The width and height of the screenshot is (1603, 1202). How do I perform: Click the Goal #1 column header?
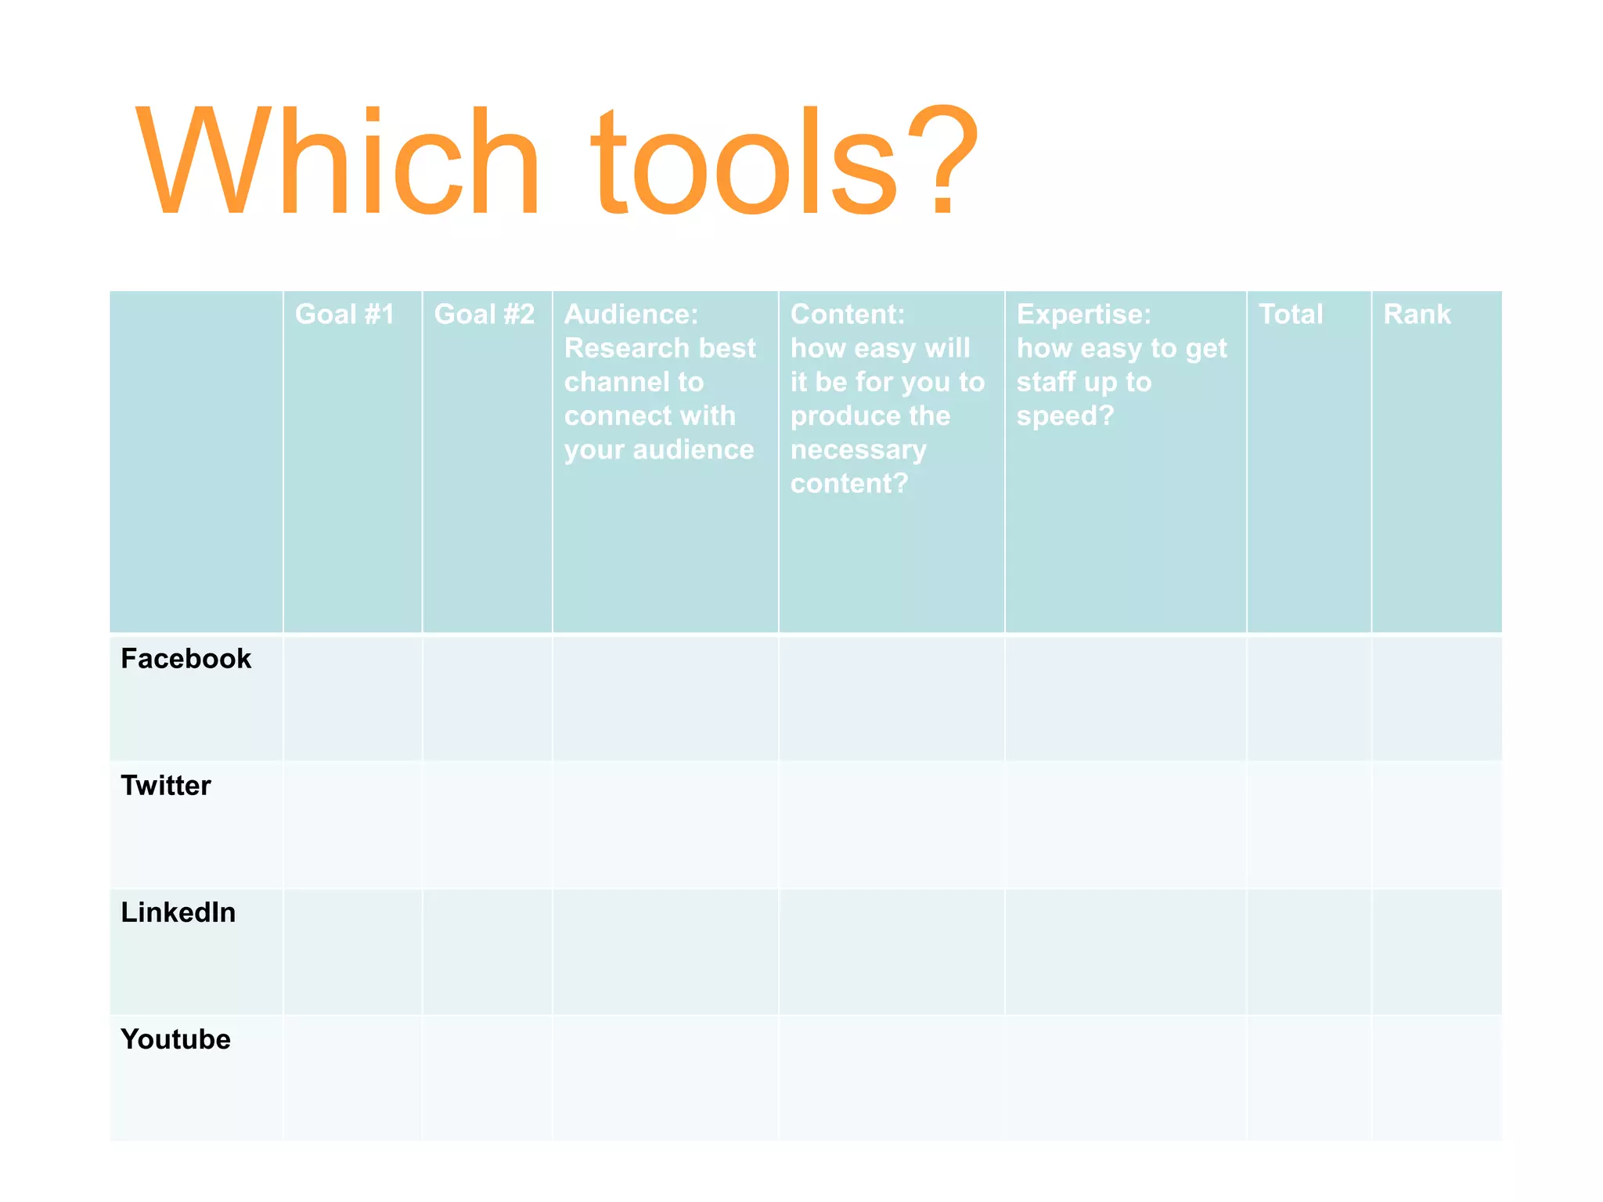coord(344,314)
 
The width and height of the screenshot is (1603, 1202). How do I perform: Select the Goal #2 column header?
coord(485,314)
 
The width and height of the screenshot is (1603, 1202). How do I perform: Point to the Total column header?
coord(1291,314)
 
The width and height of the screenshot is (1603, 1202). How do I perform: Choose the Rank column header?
coord(1417,314)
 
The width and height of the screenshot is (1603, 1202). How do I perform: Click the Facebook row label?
coord(186,659)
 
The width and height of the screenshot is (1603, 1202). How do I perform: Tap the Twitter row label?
coord(166,786)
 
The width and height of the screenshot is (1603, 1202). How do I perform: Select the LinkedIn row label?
coord(178,912)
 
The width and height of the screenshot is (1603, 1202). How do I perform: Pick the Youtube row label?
coord(176,1039)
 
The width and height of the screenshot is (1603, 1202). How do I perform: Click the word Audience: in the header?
coord(631,314)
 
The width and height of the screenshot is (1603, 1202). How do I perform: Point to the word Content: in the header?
coord(848,314)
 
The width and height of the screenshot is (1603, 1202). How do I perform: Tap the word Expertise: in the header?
coord(1084,314)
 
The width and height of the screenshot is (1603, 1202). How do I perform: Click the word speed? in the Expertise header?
coord(1064,416)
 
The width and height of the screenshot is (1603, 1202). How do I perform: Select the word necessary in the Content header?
coord(859,450)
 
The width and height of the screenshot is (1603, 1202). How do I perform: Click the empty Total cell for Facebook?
coord(1309,698)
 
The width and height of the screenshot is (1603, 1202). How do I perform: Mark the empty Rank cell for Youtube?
coord(1436,1078)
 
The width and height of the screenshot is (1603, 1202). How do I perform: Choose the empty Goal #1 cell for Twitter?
coord(352,825)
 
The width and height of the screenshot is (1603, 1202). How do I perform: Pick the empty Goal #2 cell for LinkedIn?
coord(487,952)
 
